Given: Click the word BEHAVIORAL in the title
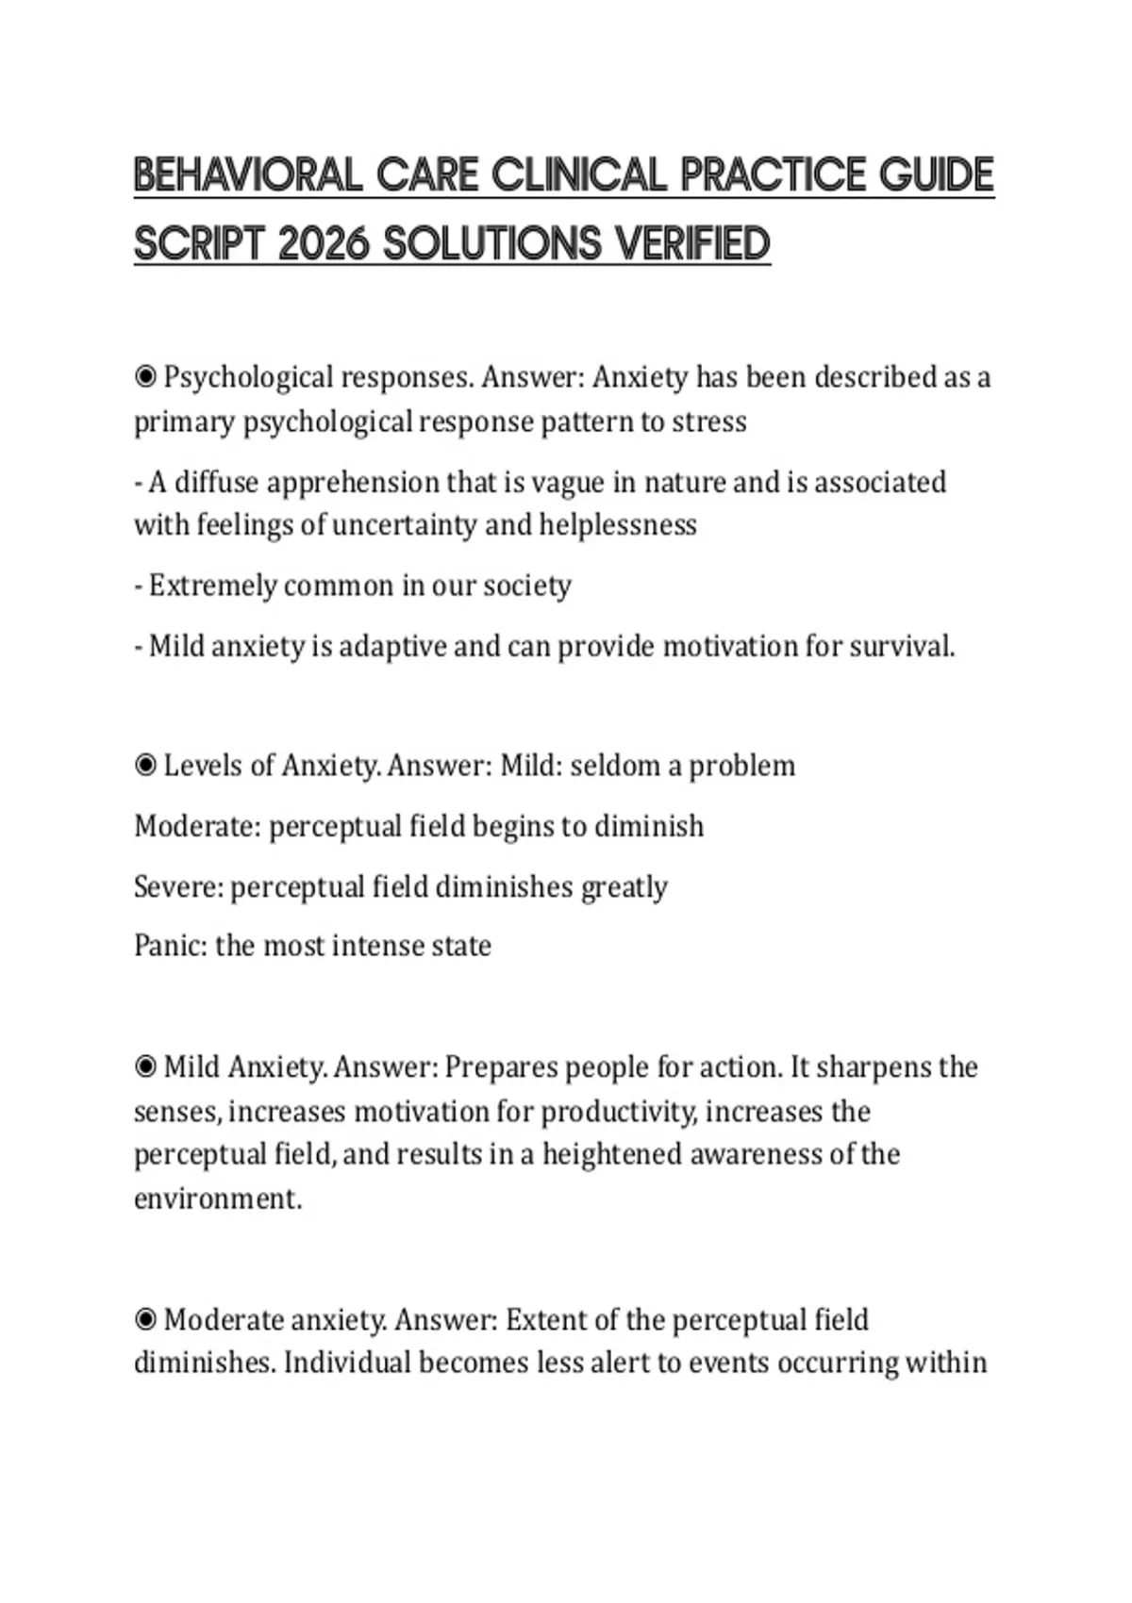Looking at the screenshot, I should tap(247, 176).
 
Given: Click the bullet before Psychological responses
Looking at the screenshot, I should tap(145, 377).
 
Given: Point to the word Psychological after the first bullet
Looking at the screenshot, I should tap(248, 378).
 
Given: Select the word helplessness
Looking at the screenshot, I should tap(617, 524).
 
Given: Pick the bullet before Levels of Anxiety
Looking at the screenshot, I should tap(145, 765).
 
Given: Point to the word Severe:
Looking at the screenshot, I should tap(178, 886).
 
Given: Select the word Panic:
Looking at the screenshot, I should tap(171, 945).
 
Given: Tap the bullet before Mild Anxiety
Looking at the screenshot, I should tap(145, 1066).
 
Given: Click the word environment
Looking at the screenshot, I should tap(217, 1198).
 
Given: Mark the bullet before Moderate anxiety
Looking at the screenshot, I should tap(145, 1319).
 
